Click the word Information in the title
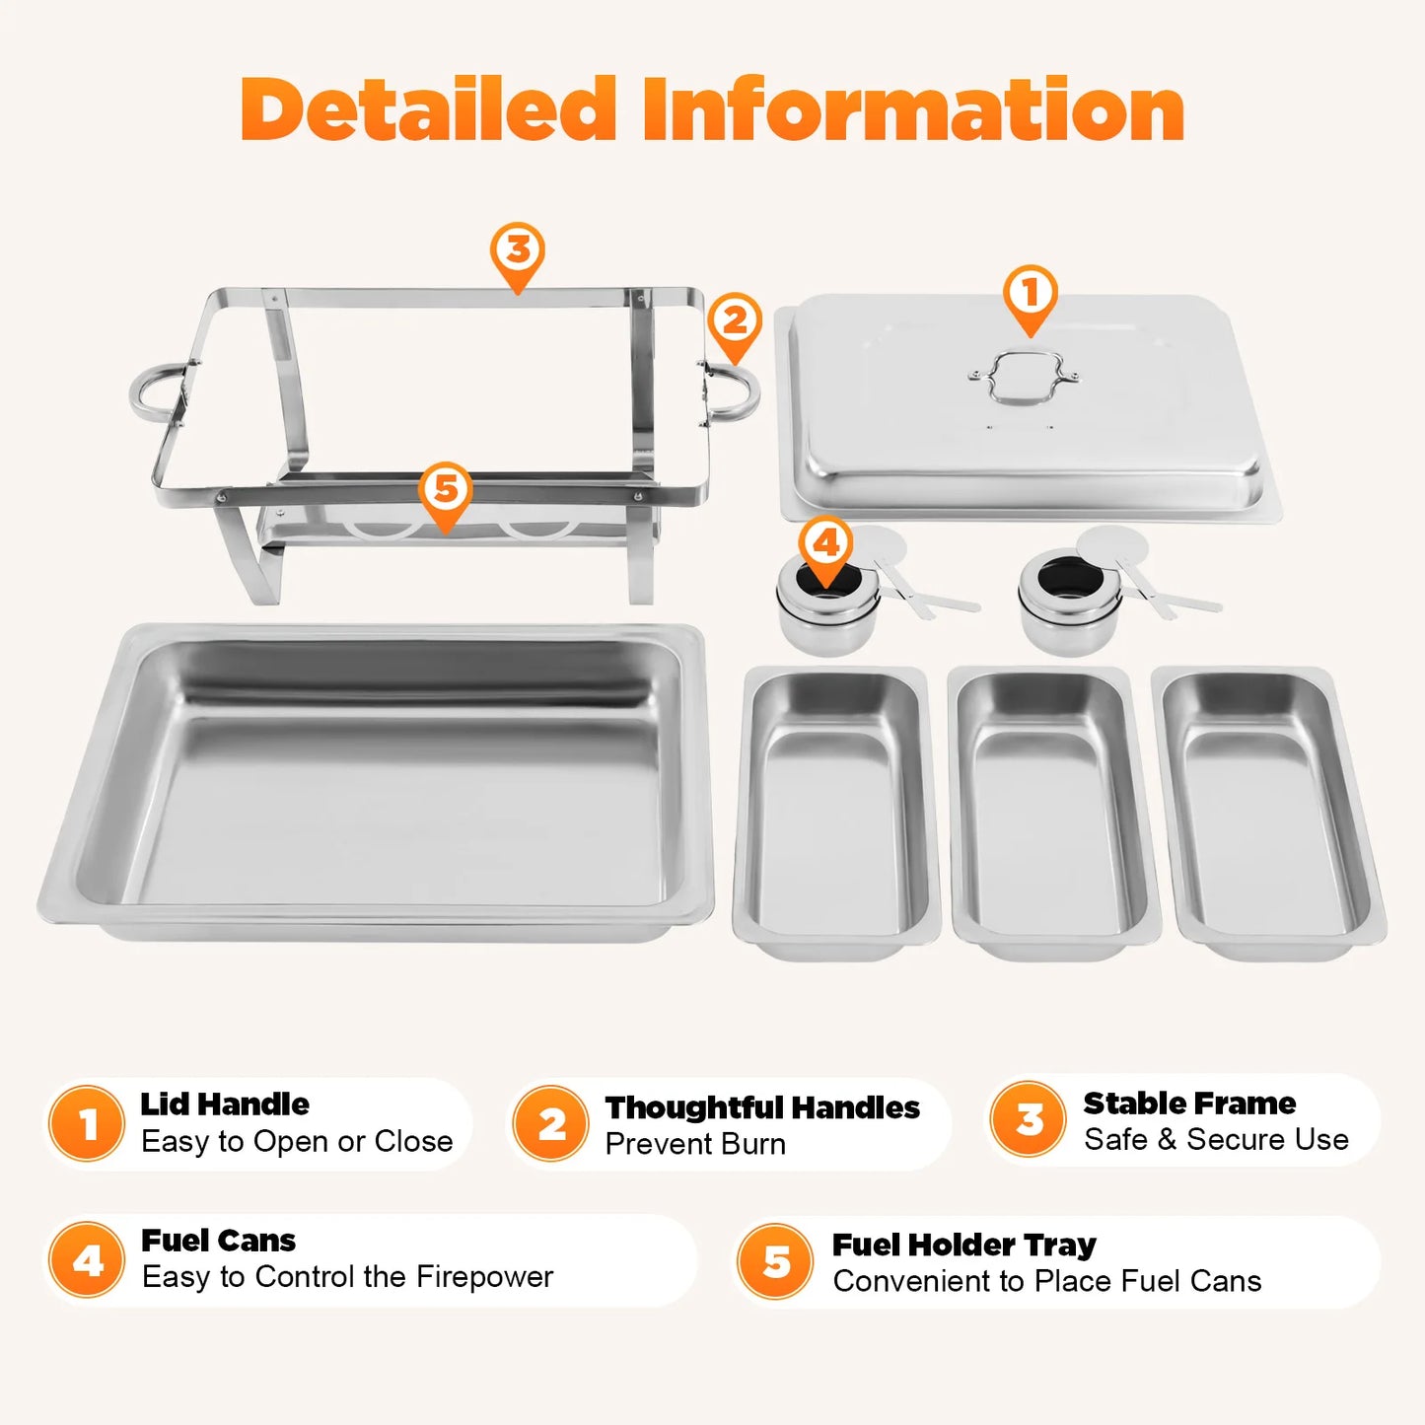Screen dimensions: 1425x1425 coord(913,109)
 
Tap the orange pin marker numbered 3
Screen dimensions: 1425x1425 coord(518,252)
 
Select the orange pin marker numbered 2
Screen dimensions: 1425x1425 coord(735,322)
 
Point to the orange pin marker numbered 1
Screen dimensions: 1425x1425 coord(1031,295)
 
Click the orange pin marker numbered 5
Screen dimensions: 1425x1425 coord(446,491)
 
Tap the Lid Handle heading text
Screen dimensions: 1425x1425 coord(225,1104)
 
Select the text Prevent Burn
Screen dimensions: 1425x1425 coord(695,1144)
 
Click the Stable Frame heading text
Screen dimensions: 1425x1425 coord(1189,1103)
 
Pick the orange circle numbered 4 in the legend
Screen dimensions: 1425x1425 coord(88,1260)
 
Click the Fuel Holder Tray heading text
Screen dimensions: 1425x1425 coord(963,1245)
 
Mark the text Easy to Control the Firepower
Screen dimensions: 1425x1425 coord(347,1277)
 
